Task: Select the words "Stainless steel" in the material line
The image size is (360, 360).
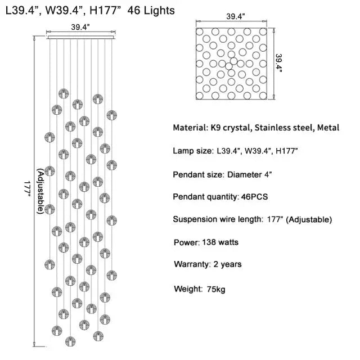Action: pos(283,128)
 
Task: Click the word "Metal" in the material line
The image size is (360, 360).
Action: pos(328,128)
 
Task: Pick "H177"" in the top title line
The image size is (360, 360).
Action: pos(107,10)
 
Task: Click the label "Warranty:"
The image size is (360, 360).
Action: pos(191,264)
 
